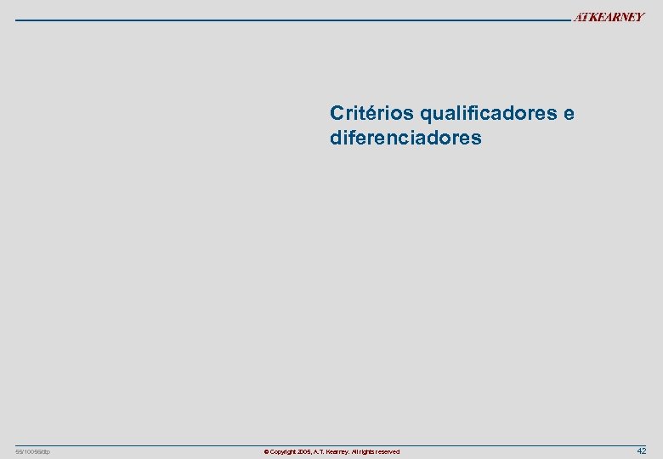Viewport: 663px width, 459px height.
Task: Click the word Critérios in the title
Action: coord(371,113)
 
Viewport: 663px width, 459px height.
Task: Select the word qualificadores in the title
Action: coord(487,114)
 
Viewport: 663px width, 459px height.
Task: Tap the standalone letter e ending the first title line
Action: coord(569,114)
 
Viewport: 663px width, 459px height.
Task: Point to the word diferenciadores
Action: coord(405,138)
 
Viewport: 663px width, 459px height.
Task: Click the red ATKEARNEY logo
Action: coord(609,17)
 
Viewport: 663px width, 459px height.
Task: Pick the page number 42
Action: coord(642,450)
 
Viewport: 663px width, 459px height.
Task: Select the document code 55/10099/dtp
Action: coord(33,451)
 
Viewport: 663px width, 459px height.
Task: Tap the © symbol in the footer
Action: coord(266,452)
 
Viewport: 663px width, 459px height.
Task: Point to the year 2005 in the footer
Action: coord(307,452)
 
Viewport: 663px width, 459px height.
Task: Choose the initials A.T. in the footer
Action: coord(322,452)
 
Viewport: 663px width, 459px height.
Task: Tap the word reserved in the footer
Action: coord(389,452)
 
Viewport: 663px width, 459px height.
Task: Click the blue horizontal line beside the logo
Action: coord(289,19)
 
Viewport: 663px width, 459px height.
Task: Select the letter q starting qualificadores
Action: coord(425,114)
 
